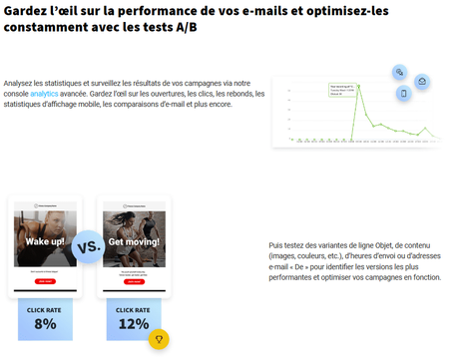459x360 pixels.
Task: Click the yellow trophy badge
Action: (157, 340)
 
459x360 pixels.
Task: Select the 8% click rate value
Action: (45, 323)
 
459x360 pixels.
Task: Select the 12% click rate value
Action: (133, 323)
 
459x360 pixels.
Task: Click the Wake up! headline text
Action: (46, 242)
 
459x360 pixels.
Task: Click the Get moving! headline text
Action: (134, 242)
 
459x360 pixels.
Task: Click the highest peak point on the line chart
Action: (358, 86)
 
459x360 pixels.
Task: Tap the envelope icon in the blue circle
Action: (422, 81)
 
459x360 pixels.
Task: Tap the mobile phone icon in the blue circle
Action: (404, 95)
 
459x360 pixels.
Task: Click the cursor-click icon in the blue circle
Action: (398, 73)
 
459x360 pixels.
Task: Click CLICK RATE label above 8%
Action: (45, 309)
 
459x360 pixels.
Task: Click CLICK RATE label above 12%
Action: (133, 309)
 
